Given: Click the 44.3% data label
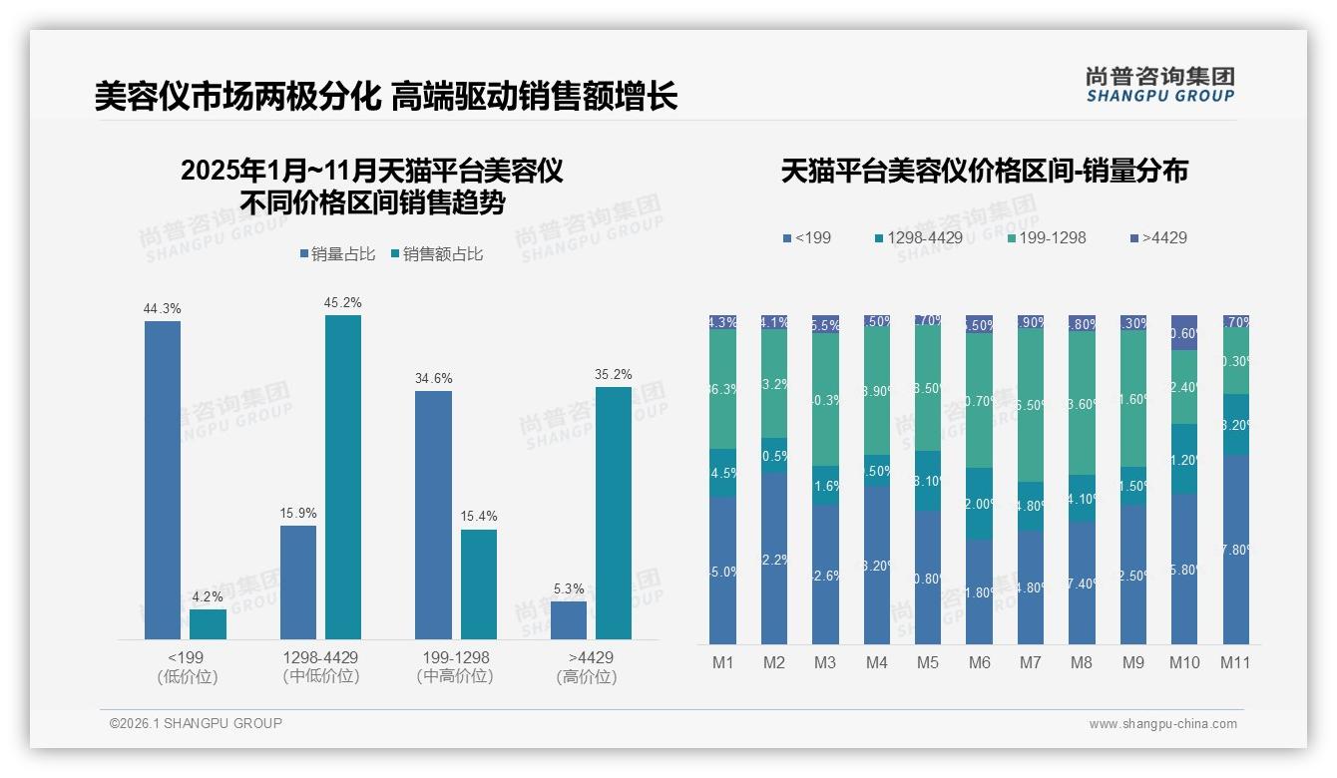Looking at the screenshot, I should coord(162,309).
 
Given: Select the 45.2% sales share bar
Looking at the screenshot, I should coord(342,477).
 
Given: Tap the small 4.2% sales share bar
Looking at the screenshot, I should coord(208,624).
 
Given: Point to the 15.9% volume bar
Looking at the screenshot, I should coord(297,583).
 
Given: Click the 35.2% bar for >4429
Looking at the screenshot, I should coord(613,513).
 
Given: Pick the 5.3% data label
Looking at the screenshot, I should coord(568,588).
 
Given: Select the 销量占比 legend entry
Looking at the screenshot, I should coord(337,254).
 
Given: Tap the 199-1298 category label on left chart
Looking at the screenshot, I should coord(455,658).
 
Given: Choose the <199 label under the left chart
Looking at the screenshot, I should coord(187,658).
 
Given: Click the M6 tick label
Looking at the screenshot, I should coord(979,662).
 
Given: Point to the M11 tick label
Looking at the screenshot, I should coord(1235,662).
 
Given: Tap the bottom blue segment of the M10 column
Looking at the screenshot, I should coord(1184,569).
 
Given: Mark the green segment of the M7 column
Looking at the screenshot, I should coord(1031,406).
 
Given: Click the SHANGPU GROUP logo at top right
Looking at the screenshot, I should coord(1159,85).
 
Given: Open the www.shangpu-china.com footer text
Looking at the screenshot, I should coord(1162,724).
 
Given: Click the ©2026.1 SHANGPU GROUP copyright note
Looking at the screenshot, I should coord(196,723).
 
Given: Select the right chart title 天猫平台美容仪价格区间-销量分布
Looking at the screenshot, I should coord(984,171).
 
